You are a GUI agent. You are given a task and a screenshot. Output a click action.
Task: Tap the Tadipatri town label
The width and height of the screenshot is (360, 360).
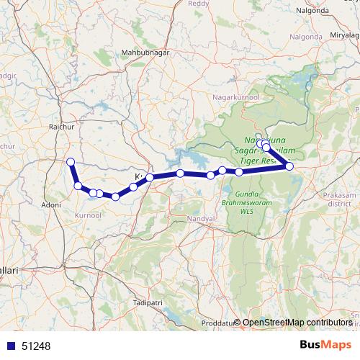[x=148, y=304]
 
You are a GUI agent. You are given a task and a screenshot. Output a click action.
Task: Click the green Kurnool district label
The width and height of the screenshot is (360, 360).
[x=89, y=215]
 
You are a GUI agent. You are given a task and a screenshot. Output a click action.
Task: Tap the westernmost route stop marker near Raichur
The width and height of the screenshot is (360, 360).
[x=71, y=161]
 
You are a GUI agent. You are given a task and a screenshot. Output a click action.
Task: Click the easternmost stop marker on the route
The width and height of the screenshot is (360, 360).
[x=289, y=166]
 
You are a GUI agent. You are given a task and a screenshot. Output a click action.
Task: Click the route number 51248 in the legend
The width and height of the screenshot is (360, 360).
[x=36, y=346]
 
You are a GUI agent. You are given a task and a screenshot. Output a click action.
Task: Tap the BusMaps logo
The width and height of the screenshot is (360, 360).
[x=324, y=345]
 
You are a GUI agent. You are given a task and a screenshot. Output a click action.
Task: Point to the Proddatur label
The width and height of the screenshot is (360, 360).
[x=217, y=323]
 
